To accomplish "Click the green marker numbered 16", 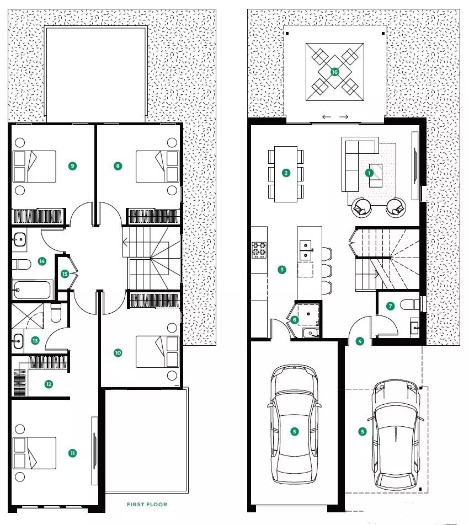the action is point(334,72).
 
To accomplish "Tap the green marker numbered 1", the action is point(369,173).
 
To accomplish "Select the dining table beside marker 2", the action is point(286,174).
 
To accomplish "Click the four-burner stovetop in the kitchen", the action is point(259,250).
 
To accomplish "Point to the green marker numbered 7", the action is point(390,306).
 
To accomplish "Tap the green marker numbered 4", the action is point(360,341).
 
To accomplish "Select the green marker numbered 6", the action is point(295,320).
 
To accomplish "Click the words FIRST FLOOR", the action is point(147,504).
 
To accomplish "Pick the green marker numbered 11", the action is point(72,453).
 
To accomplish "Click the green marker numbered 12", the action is point(49,384).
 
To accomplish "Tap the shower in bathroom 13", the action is point(28,316).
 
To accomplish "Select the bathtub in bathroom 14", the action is point(33,290).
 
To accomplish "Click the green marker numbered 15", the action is point(65,274).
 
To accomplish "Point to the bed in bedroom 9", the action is point(34,167).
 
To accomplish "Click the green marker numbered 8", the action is point(118,166).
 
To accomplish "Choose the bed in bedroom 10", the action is point(157,352).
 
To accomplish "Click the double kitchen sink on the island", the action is point(306,250).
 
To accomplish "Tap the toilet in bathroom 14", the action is point(22,264).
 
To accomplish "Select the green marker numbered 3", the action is point(282,270).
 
